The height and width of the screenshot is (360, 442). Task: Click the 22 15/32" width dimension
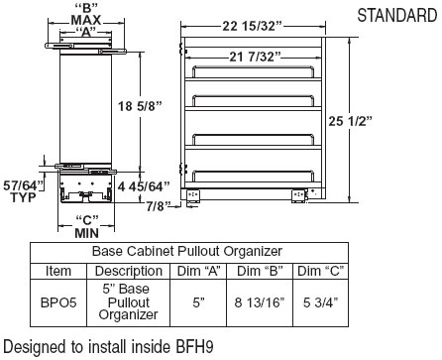coord(253,26)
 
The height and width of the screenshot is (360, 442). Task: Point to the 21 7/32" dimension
coord(255,58)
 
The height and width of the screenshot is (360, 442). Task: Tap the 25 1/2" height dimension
coord(350,121)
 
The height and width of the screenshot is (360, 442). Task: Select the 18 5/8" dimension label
coord(141,106)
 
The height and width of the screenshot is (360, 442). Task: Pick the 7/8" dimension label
coord(159,206)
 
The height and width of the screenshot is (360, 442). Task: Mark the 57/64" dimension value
coord(23,185)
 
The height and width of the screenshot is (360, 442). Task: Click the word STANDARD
coord(397,15)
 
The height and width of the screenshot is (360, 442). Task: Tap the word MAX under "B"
coord(86,20)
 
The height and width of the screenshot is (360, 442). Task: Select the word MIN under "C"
coord(86,233)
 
